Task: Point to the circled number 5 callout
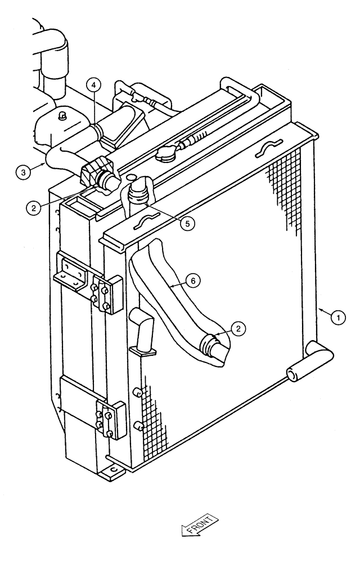tap(187, 222)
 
